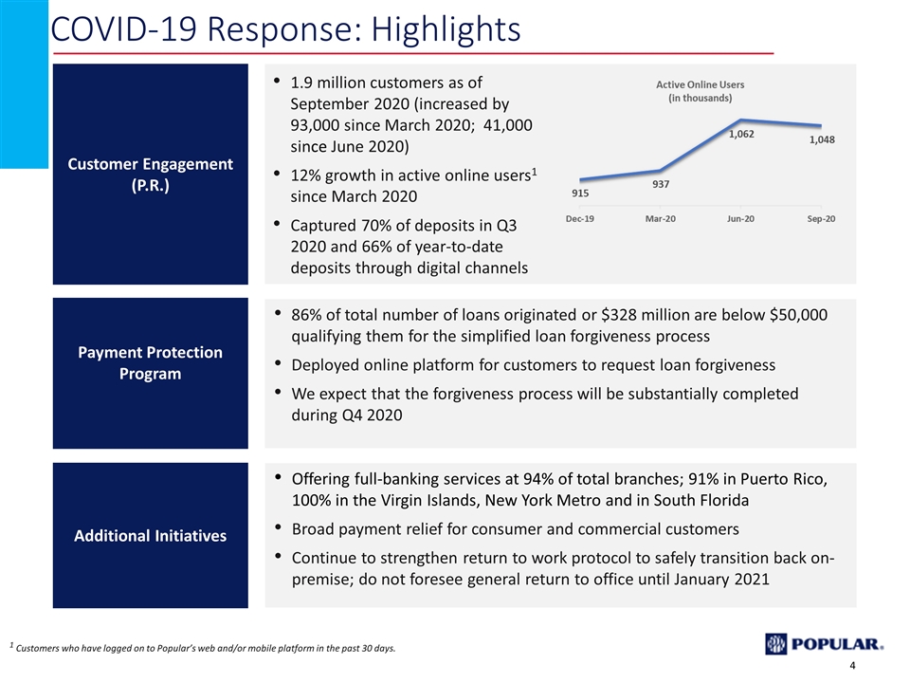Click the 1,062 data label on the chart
741,134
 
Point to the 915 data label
580,194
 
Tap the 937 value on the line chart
661,185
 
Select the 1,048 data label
822,140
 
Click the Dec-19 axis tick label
580,219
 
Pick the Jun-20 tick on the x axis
740,219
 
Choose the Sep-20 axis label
821,219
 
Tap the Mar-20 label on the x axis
661,219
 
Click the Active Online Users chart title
700,91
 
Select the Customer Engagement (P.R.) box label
151,175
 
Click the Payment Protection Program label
151,363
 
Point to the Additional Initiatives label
151,535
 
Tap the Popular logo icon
775,643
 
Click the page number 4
852,666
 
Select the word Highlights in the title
446,29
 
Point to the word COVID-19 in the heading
124,29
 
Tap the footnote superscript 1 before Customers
11,645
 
